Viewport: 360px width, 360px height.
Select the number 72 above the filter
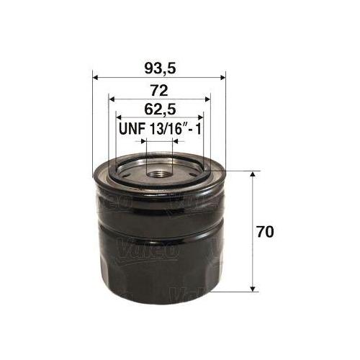click(x=159, y=90)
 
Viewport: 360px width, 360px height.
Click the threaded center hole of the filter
click(x=159, y=172)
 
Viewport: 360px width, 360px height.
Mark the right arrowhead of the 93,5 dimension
click(x=222, y=79)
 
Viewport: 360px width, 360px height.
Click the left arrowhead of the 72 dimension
click(x=111, y=99)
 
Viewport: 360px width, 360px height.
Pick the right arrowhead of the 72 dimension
click(x=207, y=99)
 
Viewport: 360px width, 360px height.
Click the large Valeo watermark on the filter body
click(x=154, y=251)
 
